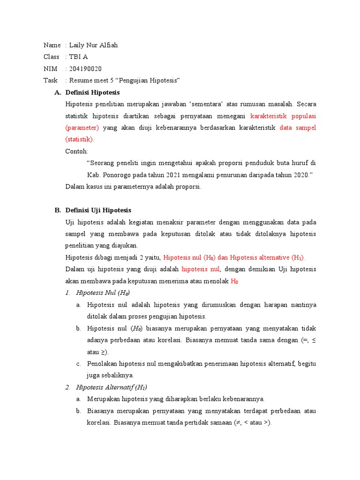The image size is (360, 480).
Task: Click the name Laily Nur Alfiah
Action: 93,45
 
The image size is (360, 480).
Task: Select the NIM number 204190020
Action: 85,68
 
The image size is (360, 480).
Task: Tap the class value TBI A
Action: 78,57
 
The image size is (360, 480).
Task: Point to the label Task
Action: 50,80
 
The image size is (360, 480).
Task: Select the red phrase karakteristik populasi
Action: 283,115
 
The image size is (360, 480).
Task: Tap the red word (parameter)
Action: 82,127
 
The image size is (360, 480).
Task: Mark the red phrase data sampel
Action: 298,127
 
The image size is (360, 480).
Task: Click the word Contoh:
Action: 77,151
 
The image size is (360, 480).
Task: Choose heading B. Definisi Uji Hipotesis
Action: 98,210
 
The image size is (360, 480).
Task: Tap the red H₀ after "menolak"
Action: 235,281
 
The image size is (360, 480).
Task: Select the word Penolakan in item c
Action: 102,363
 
